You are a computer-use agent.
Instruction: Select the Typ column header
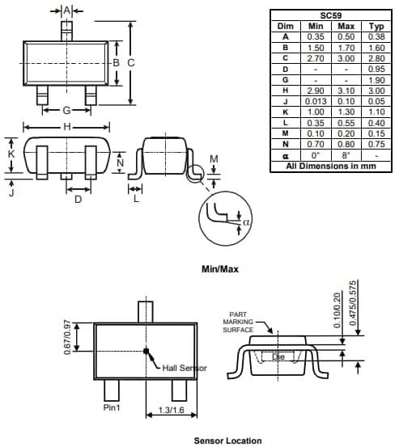(x=376, y=26)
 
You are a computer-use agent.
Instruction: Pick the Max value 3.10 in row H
(x=346, y=91)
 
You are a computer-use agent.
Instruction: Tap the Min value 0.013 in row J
(x=316, y=102)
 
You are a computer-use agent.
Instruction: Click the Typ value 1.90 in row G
(x=376, y=80)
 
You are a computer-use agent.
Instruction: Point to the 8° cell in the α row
(x=346, y=155)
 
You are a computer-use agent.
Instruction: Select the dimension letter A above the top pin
(x=67, y=10)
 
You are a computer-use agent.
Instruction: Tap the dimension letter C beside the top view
(x=130, y=62)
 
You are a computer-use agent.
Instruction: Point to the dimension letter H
(x=66, y=127)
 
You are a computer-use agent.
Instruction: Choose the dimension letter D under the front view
(x=78, y=199)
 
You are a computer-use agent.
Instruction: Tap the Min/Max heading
(x=219, y=268)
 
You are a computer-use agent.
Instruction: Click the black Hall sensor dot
(x=146, y=351)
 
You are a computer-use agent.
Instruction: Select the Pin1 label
(x=112, y=408)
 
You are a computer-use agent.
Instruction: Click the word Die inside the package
(x=278, y=356)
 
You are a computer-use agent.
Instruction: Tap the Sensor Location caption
(x=227, y=441)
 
